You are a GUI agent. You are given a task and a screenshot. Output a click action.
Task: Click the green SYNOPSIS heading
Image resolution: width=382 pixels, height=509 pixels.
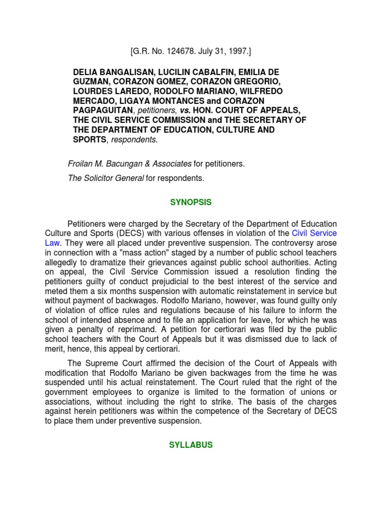tap(191, 202)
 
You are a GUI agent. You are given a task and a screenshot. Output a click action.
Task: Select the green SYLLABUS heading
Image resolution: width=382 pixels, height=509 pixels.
tap(191, 445)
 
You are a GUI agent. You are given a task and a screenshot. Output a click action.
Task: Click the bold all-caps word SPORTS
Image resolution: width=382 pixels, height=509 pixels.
tap(90, 140)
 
